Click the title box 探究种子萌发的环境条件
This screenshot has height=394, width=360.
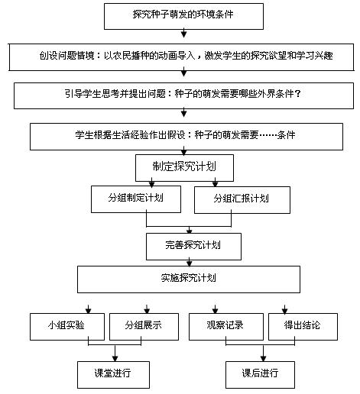coord(183,16)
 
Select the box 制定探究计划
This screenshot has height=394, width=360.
coord(184,168)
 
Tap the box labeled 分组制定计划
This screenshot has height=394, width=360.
coord(136,199)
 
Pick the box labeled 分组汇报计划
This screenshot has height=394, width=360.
coord(242,200)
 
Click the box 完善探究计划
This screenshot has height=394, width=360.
coord(193,247)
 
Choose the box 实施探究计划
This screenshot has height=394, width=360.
coord(189,279)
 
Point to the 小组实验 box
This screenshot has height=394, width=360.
coord(67,327)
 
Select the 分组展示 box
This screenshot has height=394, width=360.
coord(144,327)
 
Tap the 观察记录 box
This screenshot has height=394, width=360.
coord(226,327)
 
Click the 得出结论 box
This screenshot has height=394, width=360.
coord(303,327)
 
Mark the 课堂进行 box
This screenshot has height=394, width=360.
coord(113,375)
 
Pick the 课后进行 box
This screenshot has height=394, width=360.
coord(260,375)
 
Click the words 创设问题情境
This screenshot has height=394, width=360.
coord(66,56)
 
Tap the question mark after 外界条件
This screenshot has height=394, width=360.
coord(297,94)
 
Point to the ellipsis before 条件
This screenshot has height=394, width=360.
coord(268,135)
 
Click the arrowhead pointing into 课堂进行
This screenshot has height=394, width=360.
coord(115,358)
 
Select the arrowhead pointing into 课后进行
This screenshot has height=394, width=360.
coord(263,358)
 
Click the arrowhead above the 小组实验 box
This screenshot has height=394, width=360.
coord(88,310)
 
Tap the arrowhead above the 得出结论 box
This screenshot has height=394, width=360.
coord(284,310)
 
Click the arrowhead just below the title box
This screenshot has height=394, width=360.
coord(183,34)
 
